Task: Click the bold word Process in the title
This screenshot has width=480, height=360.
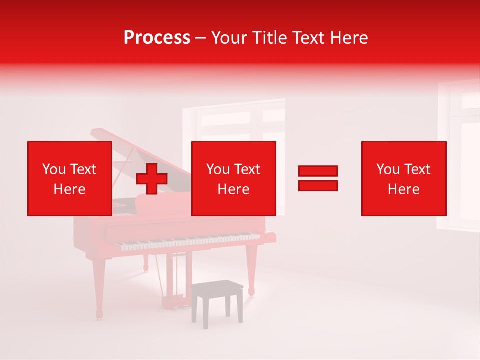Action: [x=157, y=38]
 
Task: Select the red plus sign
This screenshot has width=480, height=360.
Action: [x=152, y=179]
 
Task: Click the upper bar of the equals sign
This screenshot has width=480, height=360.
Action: [x=318, y=171]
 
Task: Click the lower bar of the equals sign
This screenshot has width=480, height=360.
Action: [x=318, y=185]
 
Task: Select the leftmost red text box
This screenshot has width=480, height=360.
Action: [x=69, y=178]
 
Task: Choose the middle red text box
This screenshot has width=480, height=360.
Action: [x=233, y=178]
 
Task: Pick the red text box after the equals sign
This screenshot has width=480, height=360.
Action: [x=403, y=178]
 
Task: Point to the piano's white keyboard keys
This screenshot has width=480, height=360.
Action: [x=190, y=242]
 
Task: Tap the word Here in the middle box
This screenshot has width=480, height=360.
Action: [x=233, y=189]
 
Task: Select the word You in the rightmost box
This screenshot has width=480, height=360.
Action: [x=388, y=169]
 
